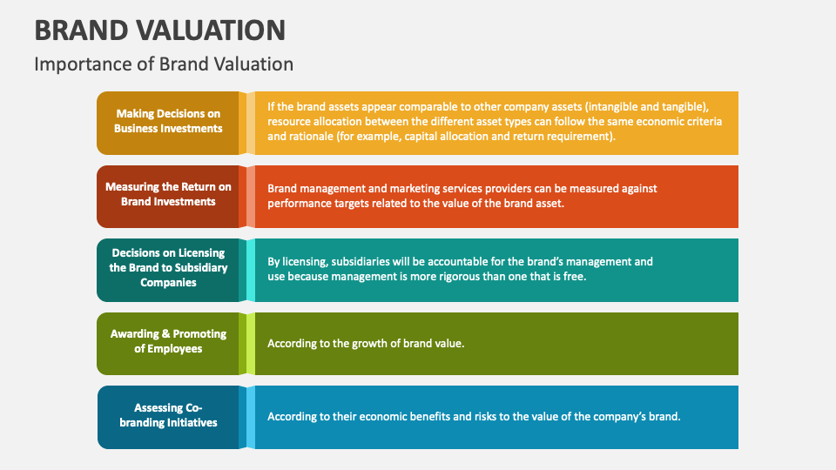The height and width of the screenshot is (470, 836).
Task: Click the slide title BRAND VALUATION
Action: pyautogui.click(x=159, y=30)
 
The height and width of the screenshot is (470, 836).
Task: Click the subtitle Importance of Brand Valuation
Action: pyautogui.click(x=164, y=64)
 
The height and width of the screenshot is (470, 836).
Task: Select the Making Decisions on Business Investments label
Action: pyautogui.click(x=168, y=121)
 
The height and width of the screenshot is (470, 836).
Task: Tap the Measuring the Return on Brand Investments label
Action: pyautogui.click(x=168, y=194)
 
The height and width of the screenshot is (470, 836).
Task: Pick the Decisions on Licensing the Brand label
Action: pyautogui.click(x=168, y=268)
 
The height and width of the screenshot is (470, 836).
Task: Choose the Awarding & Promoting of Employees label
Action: pyautogui.click(x=168, y=341)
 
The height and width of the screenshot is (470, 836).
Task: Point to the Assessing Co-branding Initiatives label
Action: pyautogui.click(x=168, y=415)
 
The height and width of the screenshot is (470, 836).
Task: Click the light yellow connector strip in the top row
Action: pyautogui.click(x=251, y=123)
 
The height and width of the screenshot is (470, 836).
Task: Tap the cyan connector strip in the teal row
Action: pyautogui.click(x=251, y=270)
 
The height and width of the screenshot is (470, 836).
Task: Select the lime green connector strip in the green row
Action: pyautogui.click(x=251, y=343)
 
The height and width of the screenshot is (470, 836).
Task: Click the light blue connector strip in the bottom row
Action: pyautogui.click(x=251, y=417)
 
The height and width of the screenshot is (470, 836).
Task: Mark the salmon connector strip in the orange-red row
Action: pyautogui.click(x=251, y=196)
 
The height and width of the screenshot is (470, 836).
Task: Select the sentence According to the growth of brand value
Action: pyautogui.click(x=366, y=344)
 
